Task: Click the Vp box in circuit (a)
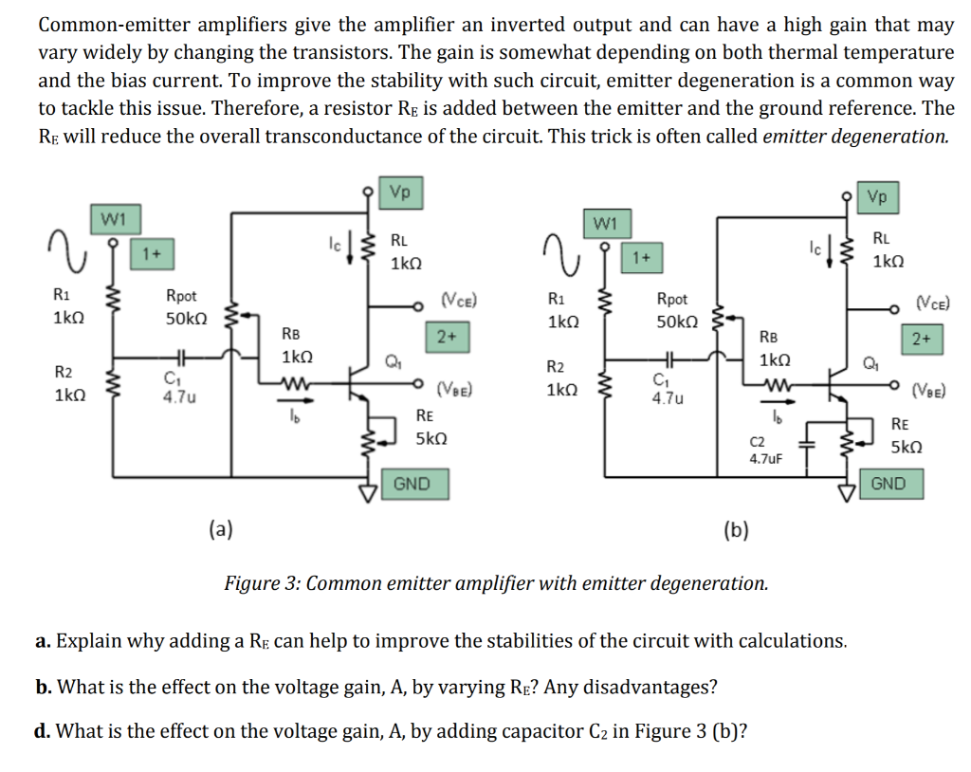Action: (400, 193)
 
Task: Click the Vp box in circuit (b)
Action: (878, 196)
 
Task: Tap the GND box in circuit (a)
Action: (411, 484)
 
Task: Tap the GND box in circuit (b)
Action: (888, 484)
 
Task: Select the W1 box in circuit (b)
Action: (603, 224)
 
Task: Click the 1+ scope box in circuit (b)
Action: (641, 257)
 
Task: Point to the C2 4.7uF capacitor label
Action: (764, 450)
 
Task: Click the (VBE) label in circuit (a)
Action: (454, 388)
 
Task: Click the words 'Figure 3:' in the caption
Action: (262, 582)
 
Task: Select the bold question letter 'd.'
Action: (44, 731)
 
